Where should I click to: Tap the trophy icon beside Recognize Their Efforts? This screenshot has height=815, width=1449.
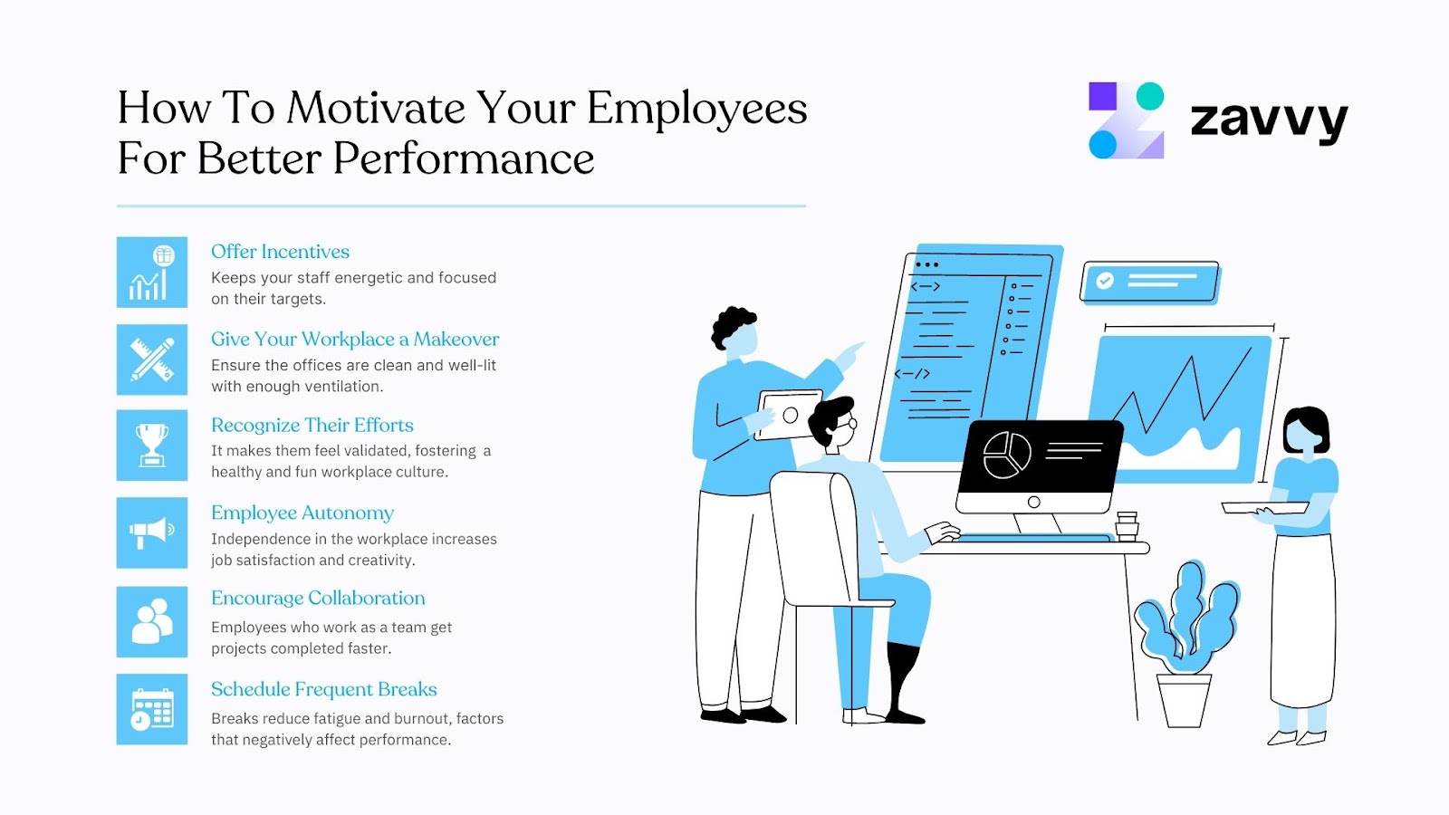[152, 445]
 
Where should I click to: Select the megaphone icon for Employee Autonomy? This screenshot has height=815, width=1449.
[152, 532]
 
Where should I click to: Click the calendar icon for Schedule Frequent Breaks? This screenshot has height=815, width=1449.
[152, 709]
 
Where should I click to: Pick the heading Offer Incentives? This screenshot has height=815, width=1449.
[280, 252]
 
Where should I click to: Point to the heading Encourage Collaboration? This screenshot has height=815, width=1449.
[318, 599]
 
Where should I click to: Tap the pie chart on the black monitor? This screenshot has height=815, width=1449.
[1006, 455]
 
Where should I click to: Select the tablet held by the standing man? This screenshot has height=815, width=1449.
[790, 415]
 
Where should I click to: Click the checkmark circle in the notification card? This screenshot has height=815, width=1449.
[1105, 281]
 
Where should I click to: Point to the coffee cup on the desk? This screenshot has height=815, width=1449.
[1127, 526]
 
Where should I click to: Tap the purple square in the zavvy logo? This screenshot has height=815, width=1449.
[1102, 96]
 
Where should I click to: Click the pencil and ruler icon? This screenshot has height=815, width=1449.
[152, 360]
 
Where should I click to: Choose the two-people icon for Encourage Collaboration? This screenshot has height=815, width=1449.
[152, 621]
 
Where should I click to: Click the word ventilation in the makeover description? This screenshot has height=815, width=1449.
[343, 387]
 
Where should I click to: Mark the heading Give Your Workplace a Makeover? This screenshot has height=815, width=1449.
[355, 340]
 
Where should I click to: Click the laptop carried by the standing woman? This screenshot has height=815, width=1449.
[1264, 508]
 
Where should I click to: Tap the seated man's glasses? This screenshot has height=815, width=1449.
[849, 424]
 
